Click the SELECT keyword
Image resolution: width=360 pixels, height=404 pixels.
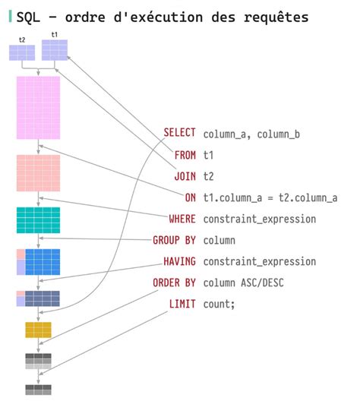click(x=179, y=133)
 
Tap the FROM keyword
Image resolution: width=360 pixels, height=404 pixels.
click(x=185, y=154)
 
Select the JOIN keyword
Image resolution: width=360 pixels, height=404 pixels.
click(x=185, y=175)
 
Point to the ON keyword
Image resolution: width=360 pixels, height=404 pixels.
click(x=190, y=197)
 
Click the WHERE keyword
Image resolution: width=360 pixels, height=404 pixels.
click(x=182, y=219)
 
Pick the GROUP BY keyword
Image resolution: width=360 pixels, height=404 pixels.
click(x=174, y=240)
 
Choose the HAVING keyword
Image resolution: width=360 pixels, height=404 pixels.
click(x=179, y=261)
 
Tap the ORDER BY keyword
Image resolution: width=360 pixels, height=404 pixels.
click(x=174, y=282)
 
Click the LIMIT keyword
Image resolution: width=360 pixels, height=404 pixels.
click(x=182, y=304)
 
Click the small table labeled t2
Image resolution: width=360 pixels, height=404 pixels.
click(x=21, y=52)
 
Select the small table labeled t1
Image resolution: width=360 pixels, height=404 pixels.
click(x=55, y=49)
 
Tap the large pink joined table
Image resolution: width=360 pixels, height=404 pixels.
click(x=38, y=107)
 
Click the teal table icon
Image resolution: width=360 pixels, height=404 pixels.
click(x=38, y=219)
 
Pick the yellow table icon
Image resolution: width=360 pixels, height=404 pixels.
click(x=38, y=330)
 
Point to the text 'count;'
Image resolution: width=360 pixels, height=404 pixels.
click(x=219, y=304)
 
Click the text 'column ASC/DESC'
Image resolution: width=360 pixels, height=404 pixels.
click(x=248, y=282)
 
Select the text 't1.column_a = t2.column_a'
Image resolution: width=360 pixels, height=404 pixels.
click(x=270, y=197)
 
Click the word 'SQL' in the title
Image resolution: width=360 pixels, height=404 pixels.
click(x=27, y=16)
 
